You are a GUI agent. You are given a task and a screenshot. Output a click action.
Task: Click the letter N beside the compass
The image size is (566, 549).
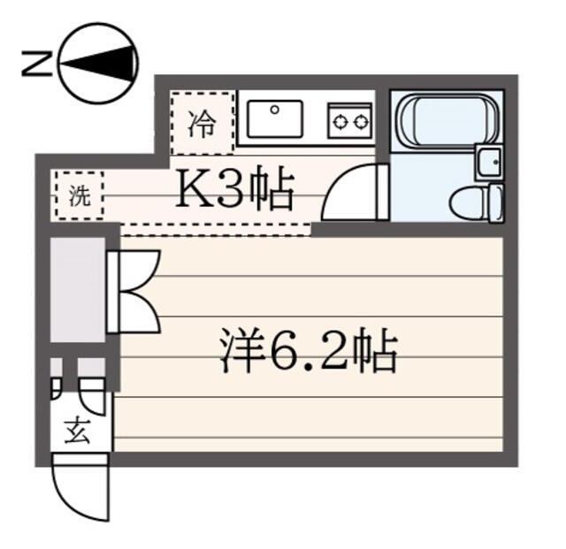[x=37, y=64]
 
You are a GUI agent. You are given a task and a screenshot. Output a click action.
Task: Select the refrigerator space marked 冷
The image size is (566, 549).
[x=203, y=123]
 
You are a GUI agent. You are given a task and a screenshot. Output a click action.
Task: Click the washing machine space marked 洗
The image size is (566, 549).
[x=80, y=195]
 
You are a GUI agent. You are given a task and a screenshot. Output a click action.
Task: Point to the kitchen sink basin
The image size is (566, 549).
[x=275, y=118]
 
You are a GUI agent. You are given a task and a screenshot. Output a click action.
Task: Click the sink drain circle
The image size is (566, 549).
[x=275, y=110]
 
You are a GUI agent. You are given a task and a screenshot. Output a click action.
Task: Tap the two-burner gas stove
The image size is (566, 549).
[x=350, y=121]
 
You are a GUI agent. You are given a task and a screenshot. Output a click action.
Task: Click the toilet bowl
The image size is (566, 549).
[x=470, y=203]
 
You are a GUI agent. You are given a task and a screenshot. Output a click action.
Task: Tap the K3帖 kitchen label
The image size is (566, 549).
[x=233, y=187]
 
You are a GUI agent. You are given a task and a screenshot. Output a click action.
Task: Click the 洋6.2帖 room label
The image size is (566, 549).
[x=309, y=349]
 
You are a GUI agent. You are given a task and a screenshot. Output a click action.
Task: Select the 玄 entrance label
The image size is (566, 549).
[x=77, y=431]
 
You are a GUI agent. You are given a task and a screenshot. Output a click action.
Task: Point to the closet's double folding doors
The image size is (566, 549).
[x=134, y=292]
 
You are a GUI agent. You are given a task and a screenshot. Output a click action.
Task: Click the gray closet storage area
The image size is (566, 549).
[x=77, y=289]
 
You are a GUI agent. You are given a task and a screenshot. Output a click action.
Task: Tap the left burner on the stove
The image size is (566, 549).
[x=340, y=123]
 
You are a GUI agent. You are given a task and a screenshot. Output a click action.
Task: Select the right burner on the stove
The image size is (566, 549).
[x=361, y=123]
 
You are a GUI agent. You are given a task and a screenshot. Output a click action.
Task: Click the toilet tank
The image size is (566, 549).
[x=496, y=203]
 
